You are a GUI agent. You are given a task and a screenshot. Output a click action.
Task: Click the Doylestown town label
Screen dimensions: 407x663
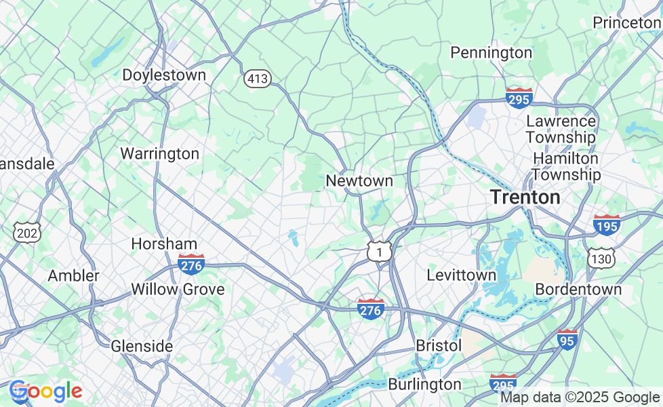coord(164,75)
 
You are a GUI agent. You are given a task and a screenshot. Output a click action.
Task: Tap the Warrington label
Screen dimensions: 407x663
coord(159,153)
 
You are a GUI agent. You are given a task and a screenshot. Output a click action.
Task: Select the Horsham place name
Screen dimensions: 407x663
coord(164,244)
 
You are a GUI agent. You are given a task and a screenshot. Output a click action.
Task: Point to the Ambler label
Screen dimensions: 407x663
coord(73,276)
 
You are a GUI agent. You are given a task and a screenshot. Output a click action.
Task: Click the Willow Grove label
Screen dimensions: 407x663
coord(178,289)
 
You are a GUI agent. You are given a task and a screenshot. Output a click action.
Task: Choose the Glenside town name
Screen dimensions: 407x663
coord(142,346)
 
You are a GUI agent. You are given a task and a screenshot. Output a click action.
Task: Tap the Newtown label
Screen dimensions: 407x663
coord(359,180)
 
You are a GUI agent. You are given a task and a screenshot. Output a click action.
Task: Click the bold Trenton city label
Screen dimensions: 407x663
coord(525,197)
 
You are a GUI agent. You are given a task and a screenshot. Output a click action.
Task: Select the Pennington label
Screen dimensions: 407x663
coord(491,52)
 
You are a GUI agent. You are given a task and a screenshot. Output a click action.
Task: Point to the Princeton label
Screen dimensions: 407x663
coord(626,22)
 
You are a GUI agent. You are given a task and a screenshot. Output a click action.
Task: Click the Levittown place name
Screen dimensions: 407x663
coord(461,275)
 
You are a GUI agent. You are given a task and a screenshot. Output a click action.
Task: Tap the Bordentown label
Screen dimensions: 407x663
coord(578,289)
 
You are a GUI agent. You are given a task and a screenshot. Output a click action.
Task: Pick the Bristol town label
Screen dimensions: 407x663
coord(439,345)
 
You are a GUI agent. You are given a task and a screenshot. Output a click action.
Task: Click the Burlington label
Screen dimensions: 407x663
coord(424,384)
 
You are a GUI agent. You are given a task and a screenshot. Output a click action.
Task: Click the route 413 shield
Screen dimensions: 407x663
coord(258,79)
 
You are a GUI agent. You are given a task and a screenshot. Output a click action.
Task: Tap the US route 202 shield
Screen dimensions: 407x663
coord(28,233)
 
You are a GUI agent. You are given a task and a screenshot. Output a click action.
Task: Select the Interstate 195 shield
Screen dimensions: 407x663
coord(606,225)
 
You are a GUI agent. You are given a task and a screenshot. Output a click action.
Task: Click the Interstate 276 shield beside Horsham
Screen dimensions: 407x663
coord(191,264)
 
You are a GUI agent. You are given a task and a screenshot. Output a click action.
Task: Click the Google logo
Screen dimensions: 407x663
coord(45,391)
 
